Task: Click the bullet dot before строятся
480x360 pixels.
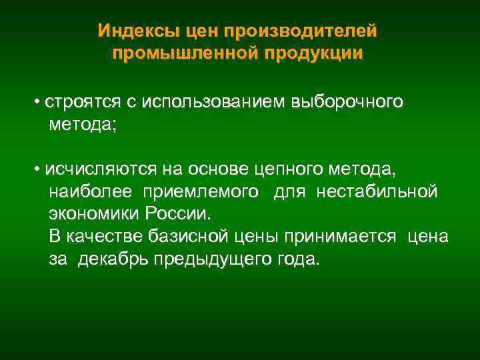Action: (39, 102)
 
